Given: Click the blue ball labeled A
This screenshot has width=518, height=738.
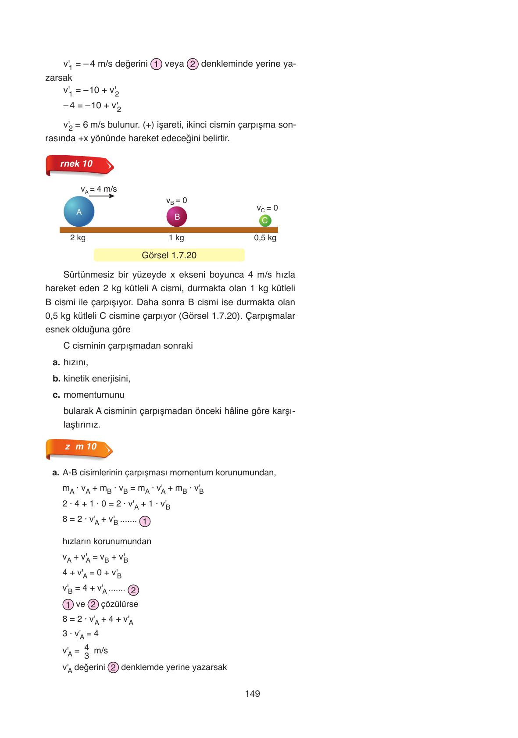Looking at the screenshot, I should pyautogui.click(x=79, y=212).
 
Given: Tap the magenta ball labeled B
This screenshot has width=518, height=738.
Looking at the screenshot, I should pyautogui.click(x=177, y=217).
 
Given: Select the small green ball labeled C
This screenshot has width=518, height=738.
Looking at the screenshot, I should pyautogui.click(x=264, y=221).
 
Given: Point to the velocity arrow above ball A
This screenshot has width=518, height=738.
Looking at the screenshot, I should pyautogui.click(x=104, y=196).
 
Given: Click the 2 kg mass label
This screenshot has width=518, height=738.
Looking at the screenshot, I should pyautogui.click(x=78, y=238).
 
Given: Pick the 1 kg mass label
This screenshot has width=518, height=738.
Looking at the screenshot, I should pyautogui.click(x=176, y=238).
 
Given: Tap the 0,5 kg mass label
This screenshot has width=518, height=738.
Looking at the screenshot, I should pyautogui.click(x=265, y=238).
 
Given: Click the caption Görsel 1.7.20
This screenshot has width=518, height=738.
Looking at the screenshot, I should pyautogui.click(x=169, y=255).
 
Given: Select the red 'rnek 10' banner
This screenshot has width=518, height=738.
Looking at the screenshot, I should pyautogui.click(x=79, y=165).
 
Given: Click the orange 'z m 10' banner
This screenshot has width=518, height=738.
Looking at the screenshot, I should pyautogui.click(x=79, y=448).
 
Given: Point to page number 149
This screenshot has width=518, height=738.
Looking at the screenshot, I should pyautogui.click(x=253, y=694).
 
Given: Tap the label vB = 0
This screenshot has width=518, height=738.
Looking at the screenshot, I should pyautogui.click(x=176, y=201).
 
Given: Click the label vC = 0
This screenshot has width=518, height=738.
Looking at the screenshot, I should pyautogui.click(x=267, y=208).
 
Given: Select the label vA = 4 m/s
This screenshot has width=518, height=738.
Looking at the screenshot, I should pyautogui.click(x=99, y=189).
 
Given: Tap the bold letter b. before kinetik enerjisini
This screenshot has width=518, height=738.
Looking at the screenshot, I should pyautogui.click(x=56, y=378).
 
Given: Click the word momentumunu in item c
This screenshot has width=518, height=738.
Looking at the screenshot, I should pyautogui.click(x=94, y=395).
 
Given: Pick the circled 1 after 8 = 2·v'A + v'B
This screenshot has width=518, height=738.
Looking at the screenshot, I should pyautogui.click(x=145, y=521).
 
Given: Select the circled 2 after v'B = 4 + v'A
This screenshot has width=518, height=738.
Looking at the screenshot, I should pyautogui.click(x=133, y=590).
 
